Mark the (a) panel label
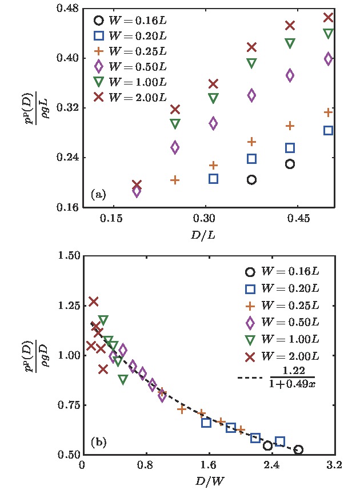click(98, 195)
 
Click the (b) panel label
click(99, 442)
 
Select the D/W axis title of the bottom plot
click(208, 481)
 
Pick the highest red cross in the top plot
click(328, 17)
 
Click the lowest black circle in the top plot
click(251, 180)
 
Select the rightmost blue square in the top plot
click(328, 130)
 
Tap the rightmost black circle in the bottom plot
click(298, 450)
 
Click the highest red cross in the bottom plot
click(94, 301)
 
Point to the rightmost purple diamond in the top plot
click(328, 58)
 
